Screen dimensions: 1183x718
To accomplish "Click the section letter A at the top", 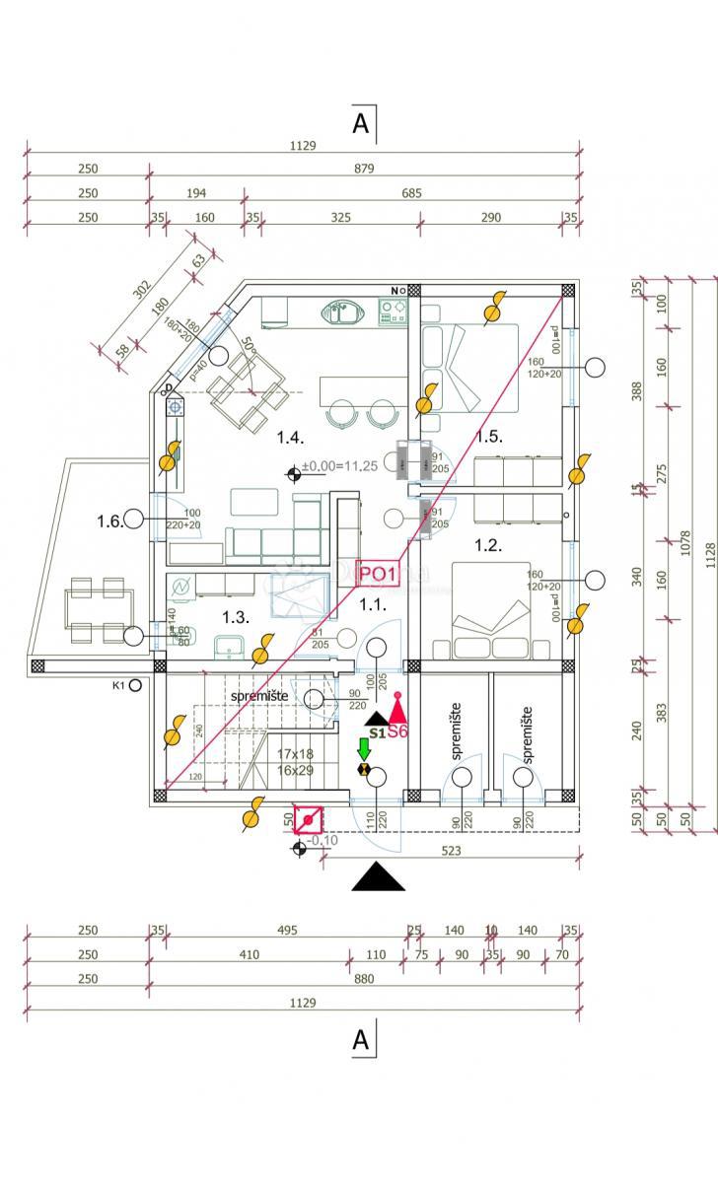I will [x=361, y=123].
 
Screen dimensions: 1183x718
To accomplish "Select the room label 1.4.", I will [x=289, y=437].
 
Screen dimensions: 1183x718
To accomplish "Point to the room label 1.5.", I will [x=489, y=437].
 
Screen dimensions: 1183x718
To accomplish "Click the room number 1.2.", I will [x=488, y=544].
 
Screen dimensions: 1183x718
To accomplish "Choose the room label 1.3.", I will [x=235, y=617].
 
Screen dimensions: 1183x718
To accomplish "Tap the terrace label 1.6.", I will [x=110, y=521].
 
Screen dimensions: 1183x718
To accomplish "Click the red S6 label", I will [x=397, y=731].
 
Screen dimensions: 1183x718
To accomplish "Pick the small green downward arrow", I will [x=364, y=747].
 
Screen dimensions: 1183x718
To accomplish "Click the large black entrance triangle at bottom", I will [x=378, y=876].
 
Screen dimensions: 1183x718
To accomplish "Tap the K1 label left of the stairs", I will [x=120, y=684].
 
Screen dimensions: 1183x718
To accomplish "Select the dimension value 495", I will [x=286, y=930].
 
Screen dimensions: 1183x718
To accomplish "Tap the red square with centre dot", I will [x=308, y=819].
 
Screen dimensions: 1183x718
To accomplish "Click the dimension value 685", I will [x=411, y=193].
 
